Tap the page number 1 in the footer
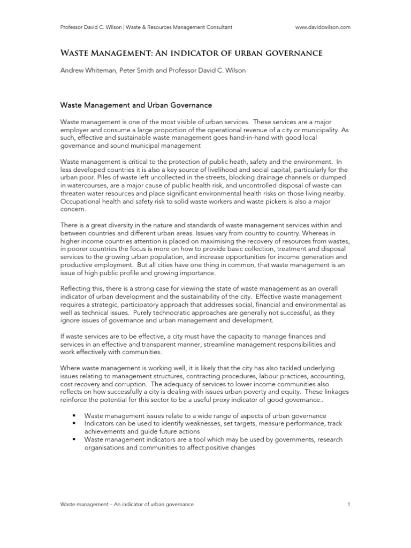(348, 505)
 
